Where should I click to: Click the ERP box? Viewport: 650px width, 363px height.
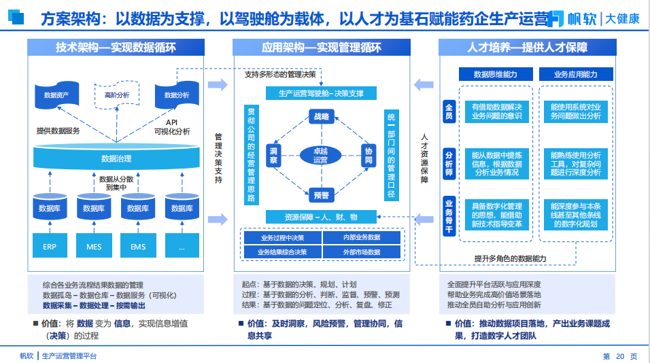[50, 246]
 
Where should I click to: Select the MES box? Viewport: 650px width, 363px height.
[94, 246]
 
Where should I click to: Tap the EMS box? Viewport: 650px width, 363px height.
[138, 246]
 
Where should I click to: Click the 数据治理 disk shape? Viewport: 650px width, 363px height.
[116, 158]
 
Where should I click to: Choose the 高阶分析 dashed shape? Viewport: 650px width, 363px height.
[117, 95]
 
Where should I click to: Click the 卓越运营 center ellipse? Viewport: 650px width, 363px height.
[320, 155]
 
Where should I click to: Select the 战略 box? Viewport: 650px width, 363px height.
[320, 117]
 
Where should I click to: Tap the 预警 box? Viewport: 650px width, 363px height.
[320, 196]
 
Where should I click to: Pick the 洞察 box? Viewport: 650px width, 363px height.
[273, 156]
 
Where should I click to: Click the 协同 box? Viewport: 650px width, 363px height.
[368, 156]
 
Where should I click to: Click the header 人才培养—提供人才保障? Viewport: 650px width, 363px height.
[528, 48]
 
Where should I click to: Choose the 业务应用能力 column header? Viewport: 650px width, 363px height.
[576, 74]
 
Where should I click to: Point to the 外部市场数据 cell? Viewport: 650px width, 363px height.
[361, 252]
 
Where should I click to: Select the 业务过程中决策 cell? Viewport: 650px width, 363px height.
[282, 238]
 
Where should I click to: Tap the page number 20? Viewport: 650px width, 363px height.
[619, 356]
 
